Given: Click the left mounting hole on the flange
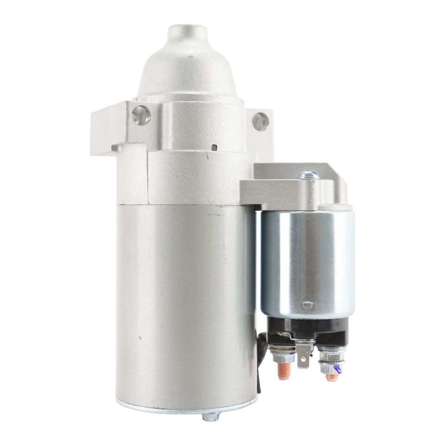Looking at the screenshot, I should [141, 115].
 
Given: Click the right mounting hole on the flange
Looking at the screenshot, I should [261, 121].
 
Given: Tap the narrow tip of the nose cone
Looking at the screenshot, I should [187, 33].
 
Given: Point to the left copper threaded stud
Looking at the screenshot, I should [284, 371].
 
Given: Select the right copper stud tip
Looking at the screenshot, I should [332, 377].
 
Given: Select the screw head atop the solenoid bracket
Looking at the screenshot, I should [308, 175].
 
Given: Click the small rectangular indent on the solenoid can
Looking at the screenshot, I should [307, 305].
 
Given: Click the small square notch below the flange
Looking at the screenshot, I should [214, 147].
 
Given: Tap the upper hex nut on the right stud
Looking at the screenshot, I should [331, 355].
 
